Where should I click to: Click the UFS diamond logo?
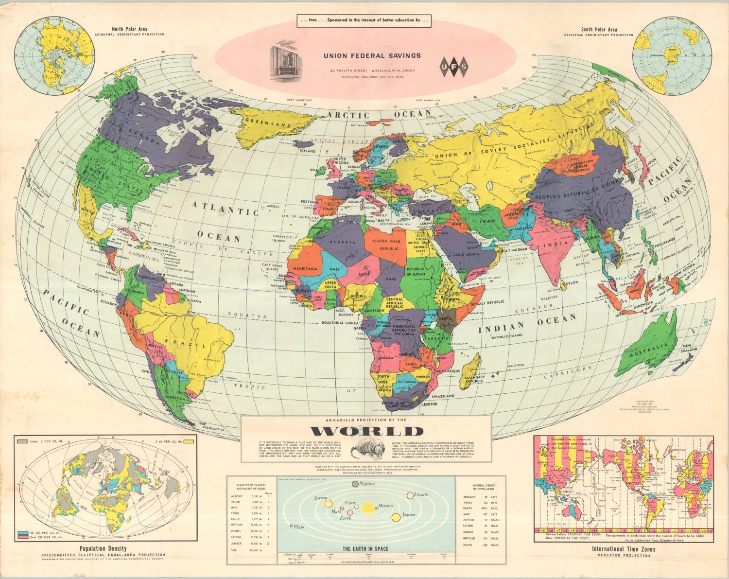pos(454,67)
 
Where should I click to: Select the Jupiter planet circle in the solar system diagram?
pos(396,517)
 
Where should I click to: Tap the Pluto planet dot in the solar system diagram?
pos(291,526)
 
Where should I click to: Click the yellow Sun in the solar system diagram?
pos(368,508)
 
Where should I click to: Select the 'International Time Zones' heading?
pos(623,549)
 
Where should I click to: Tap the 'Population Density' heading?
pos(103,548)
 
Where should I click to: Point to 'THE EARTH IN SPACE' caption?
pos(365,548)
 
